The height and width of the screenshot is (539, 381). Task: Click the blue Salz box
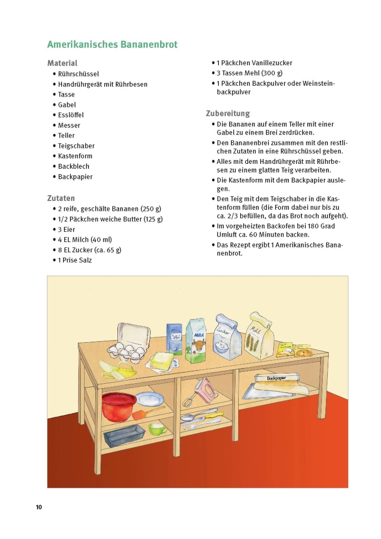(x=174, y=338)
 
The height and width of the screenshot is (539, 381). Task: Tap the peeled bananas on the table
(x=121, y=370)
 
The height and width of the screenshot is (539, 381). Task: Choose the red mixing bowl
(x=119, y=406)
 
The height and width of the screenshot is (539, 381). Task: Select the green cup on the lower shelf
(x=158, y=429)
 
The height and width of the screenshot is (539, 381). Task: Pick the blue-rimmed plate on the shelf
(x=150, y=399)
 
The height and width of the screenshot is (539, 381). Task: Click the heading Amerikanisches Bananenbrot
(x=112, y=44)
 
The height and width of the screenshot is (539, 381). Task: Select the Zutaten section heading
(x=61, y=198)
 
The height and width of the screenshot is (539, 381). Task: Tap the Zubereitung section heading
(x=228, y=113)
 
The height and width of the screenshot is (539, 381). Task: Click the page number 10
(x=39, y=507)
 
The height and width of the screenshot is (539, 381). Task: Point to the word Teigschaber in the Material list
(x=76, y=146)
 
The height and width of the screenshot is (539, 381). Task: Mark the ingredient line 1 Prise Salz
(x=75, y=260)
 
